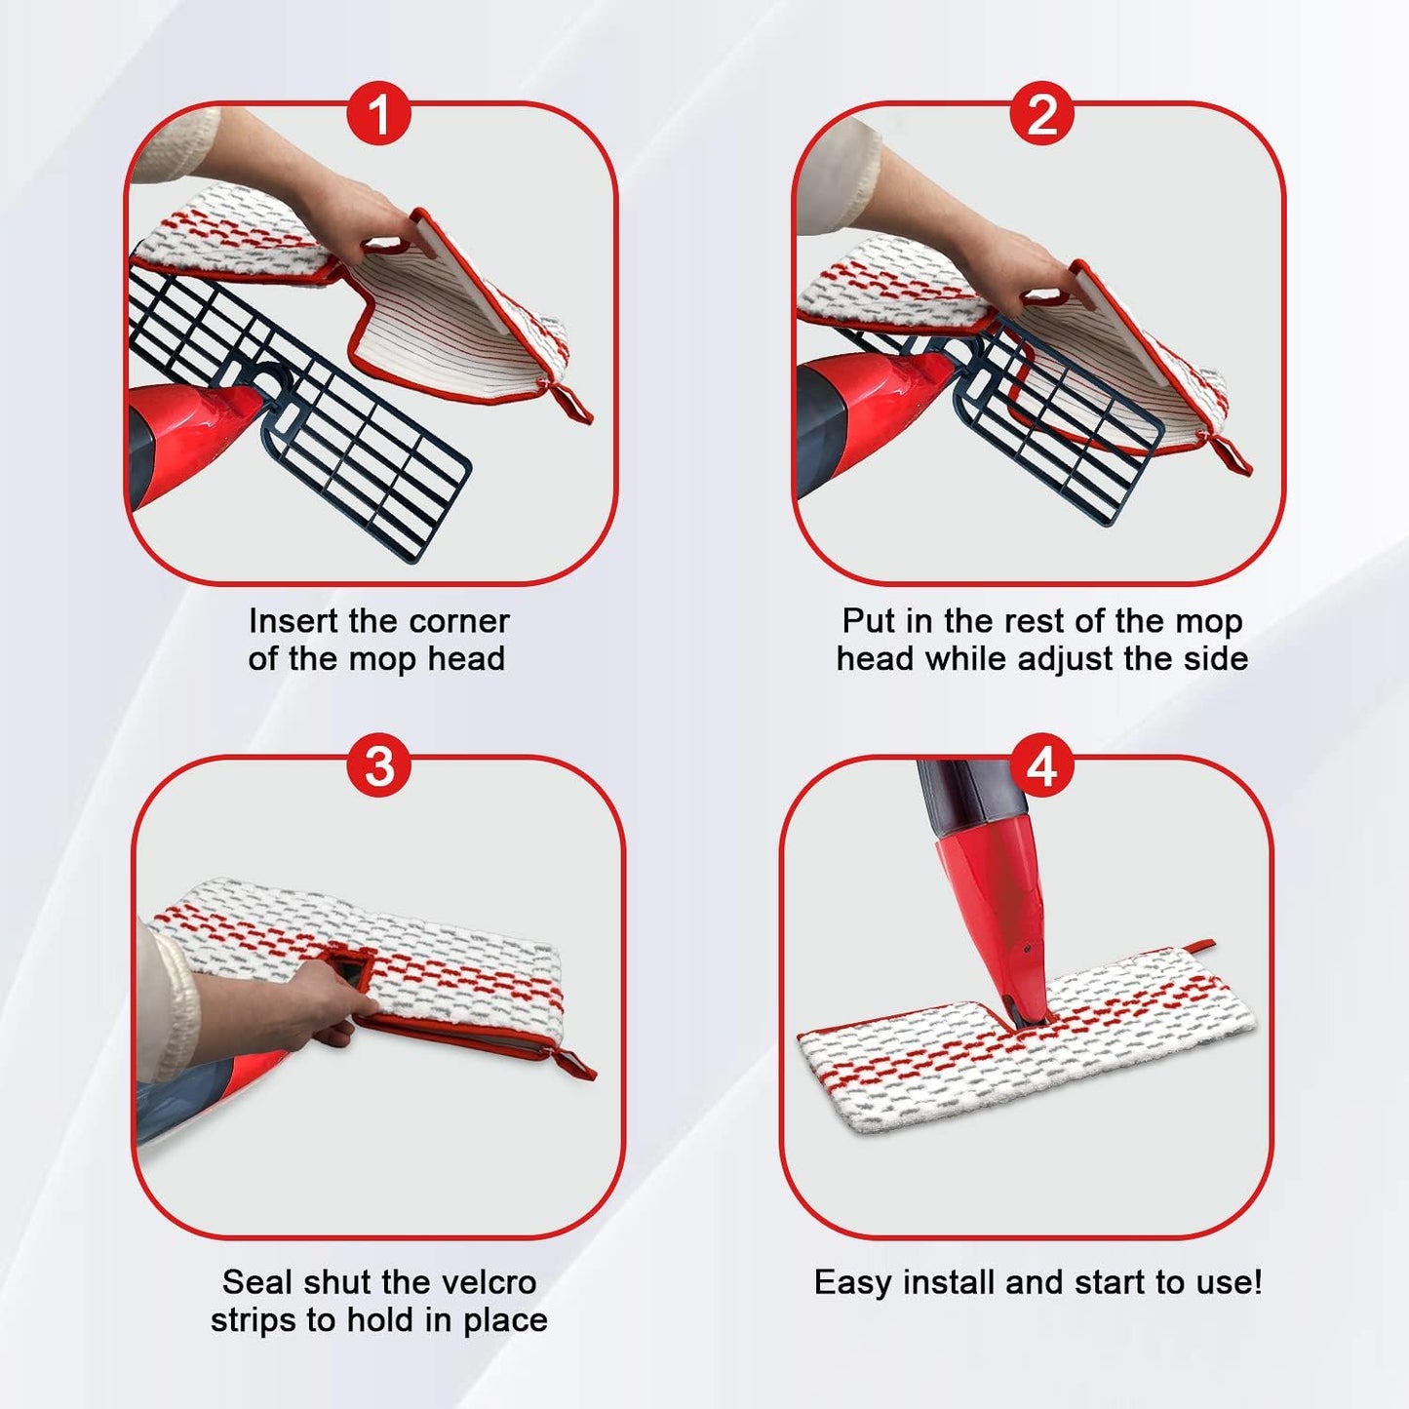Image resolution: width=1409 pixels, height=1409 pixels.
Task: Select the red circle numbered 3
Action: [x=378, y=767]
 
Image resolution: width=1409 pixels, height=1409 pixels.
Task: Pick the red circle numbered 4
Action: [x=1041, y=767]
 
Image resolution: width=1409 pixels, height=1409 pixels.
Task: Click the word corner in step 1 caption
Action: [x=459, y=621]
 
